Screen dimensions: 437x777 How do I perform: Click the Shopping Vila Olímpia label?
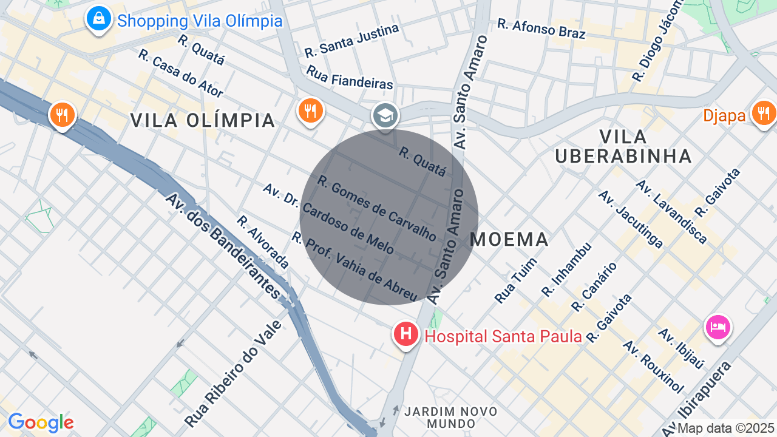200,21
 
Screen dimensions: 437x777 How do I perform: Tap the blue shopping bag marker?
98,19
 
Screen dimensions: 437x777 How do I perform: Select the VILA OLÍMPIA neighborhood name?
203,120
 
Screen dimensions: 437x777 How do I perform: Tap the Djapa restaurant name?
724,115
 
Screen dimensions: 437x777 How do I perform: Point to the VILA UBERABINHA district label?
623,146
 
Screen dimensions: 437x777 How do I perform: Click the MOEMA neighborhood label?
509,239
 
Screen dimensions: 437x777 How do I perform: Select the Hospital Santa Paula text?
503,336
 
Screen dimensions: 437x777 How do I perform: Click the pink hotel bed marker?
718,327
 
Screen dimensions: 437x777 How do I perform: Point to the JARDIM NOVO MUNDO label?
450,417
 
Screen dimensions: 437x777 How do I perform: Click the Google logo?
41,422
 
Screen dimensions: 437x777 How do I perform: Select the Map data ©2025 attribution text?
725,428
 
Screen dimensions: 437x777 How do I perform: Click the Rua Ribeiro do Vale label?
233,373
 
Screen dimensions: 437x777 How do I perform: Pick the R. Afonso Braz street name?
541,29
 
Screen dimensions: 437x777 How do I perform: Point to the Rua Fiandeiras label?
350,78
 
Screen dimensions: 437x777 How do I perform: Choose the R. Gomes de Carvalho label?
376,208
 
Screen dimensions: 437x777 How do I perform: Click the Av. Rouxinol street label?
653,367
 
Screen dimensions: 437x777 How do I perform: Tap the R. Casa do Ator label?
180,73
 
